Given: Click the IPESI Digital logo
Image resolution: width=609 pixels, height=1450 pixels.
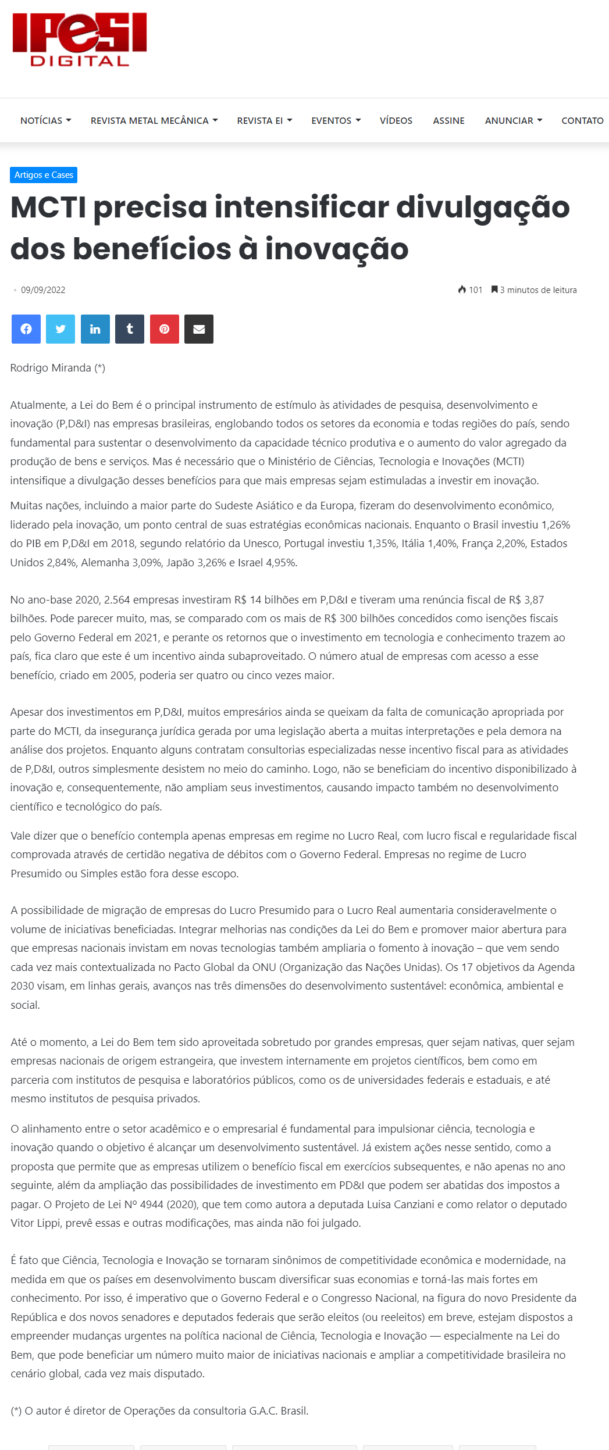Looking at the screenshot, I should [x=80, y=40].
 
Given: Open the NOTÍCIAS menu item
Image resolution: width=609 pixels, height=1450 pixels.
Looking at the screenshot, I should [x=45, y=120].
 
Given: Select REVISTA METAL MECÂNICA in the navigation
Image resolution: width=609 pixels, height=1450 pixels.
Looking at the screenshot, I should [x=154, y=120].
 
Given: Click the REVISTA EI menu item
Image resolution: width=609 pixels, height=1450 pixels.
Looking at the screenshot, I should [x=264, y=120].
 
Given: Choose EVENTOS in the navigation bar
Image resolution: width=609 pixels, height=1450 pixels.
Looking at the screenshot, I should [x=336, y=120].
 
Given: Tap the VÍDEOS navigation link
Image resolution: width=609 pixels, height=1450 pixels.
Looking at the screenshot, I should [x=396, y=120].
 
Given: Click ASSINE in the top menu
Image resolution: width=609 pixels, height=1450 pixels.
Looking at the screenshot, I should [x=448, y=120].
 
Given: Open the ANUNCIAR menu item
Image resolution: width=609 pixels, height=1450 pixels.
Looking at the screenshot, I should [x=513, y=120].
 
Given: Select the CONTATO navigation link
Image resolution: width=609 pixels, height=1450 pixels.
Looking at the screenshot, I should [x=582, y=120].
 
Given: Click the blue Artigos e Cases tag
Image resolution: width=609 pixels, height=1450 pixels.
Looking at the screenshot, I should [x=44, y=175].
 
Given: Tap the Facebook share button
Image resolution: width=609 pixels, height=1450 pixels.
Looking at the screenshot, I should [x=26, y=329].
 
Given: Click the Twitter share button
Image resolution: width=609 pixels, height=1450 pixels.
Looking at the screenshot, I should [x=60, y=329].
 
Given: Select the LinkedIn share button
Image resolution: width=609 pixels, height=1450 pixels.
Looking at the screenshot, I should [x=95, y=329].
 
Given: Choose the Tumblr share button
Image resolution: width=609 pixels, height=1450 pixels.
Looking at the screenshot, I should [x=130, y=329].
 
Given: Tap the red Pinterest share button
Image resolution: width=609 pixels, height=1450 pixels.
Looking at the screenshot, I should [x=165, y=329].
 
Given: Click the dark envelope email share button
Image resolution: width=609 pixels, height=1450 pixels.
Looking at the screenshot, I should [x=199, y=329].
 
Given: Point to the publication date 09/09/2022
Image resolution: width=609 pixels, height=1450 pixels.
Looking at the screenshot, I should [x=43, y=290].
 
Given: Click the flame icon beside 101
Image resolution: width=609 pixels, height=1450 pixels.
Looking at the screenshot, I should [x=462, y=290].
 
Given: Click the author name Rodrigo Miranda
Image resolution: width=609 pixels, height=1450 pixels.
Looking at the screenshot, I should [x=51, y=368].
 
